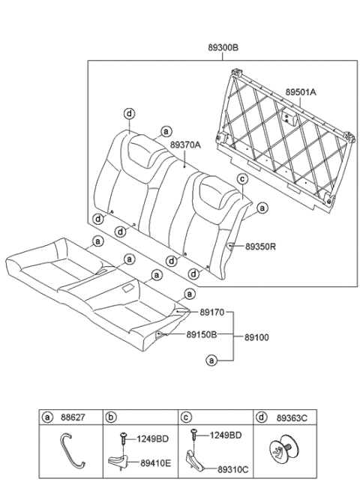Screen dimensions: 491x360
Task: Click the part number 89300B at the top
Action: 223,47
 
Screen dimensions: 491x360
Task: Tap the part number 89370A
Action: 184,145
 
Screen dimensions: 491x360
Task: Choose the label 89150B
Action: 202,334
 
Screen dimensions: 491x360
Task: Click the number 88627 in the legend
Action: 72,416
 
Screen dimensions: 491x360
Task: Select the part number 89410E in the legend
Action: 155,463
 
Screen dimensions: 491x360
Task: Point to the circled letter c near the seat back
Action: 242,179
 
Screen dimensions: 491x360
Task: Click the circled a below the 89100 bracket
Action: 211,360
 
